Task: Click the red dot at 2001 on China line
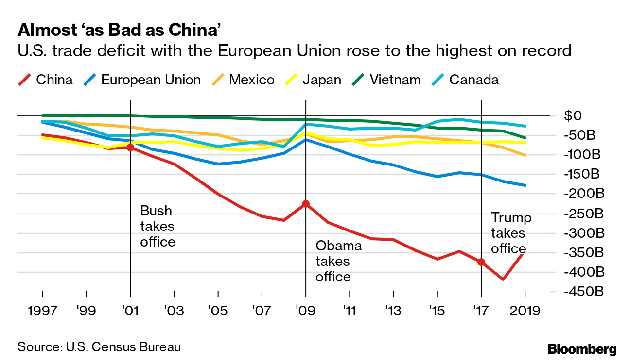pos(130,147)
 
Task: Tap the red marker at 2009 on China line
pos(306,204)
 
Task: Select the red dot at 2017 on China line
pos(481,262)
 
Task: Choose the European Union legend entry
pos(143,80)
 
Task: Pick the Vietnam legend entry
pos(387,80)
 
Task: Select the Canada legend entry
pos(466,80)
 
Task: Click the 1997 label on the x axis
pos(43,310)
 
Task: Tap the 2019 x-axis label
pos(525,310)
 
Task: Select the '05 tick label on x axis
pos(218,310)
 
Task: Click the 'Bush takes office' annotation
pos(157,226)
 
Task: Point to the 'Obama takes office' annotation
pos(338,261)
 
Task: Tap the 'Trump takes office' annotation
pos(510,233)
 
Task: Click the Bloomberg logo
pos(582,348)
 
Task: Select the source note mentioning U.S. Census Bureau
pos(99,347)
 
